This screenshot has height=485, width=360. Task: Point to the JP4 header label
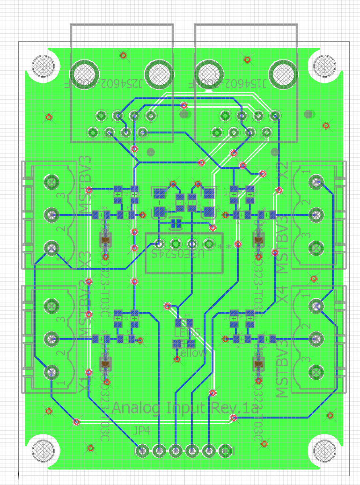point(142,431)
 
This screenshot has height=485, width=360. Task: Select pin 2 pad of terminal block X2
point(317,215)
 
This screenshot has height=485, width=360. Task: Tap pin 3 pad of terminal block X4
point(317,372)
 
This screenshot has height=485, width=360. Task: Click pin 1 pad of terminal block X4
point(317,306)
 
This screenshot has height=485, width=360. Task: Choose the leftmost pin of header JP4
point(142,451)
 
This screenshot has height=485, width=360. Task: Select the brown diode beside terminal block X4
point(257,363)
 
